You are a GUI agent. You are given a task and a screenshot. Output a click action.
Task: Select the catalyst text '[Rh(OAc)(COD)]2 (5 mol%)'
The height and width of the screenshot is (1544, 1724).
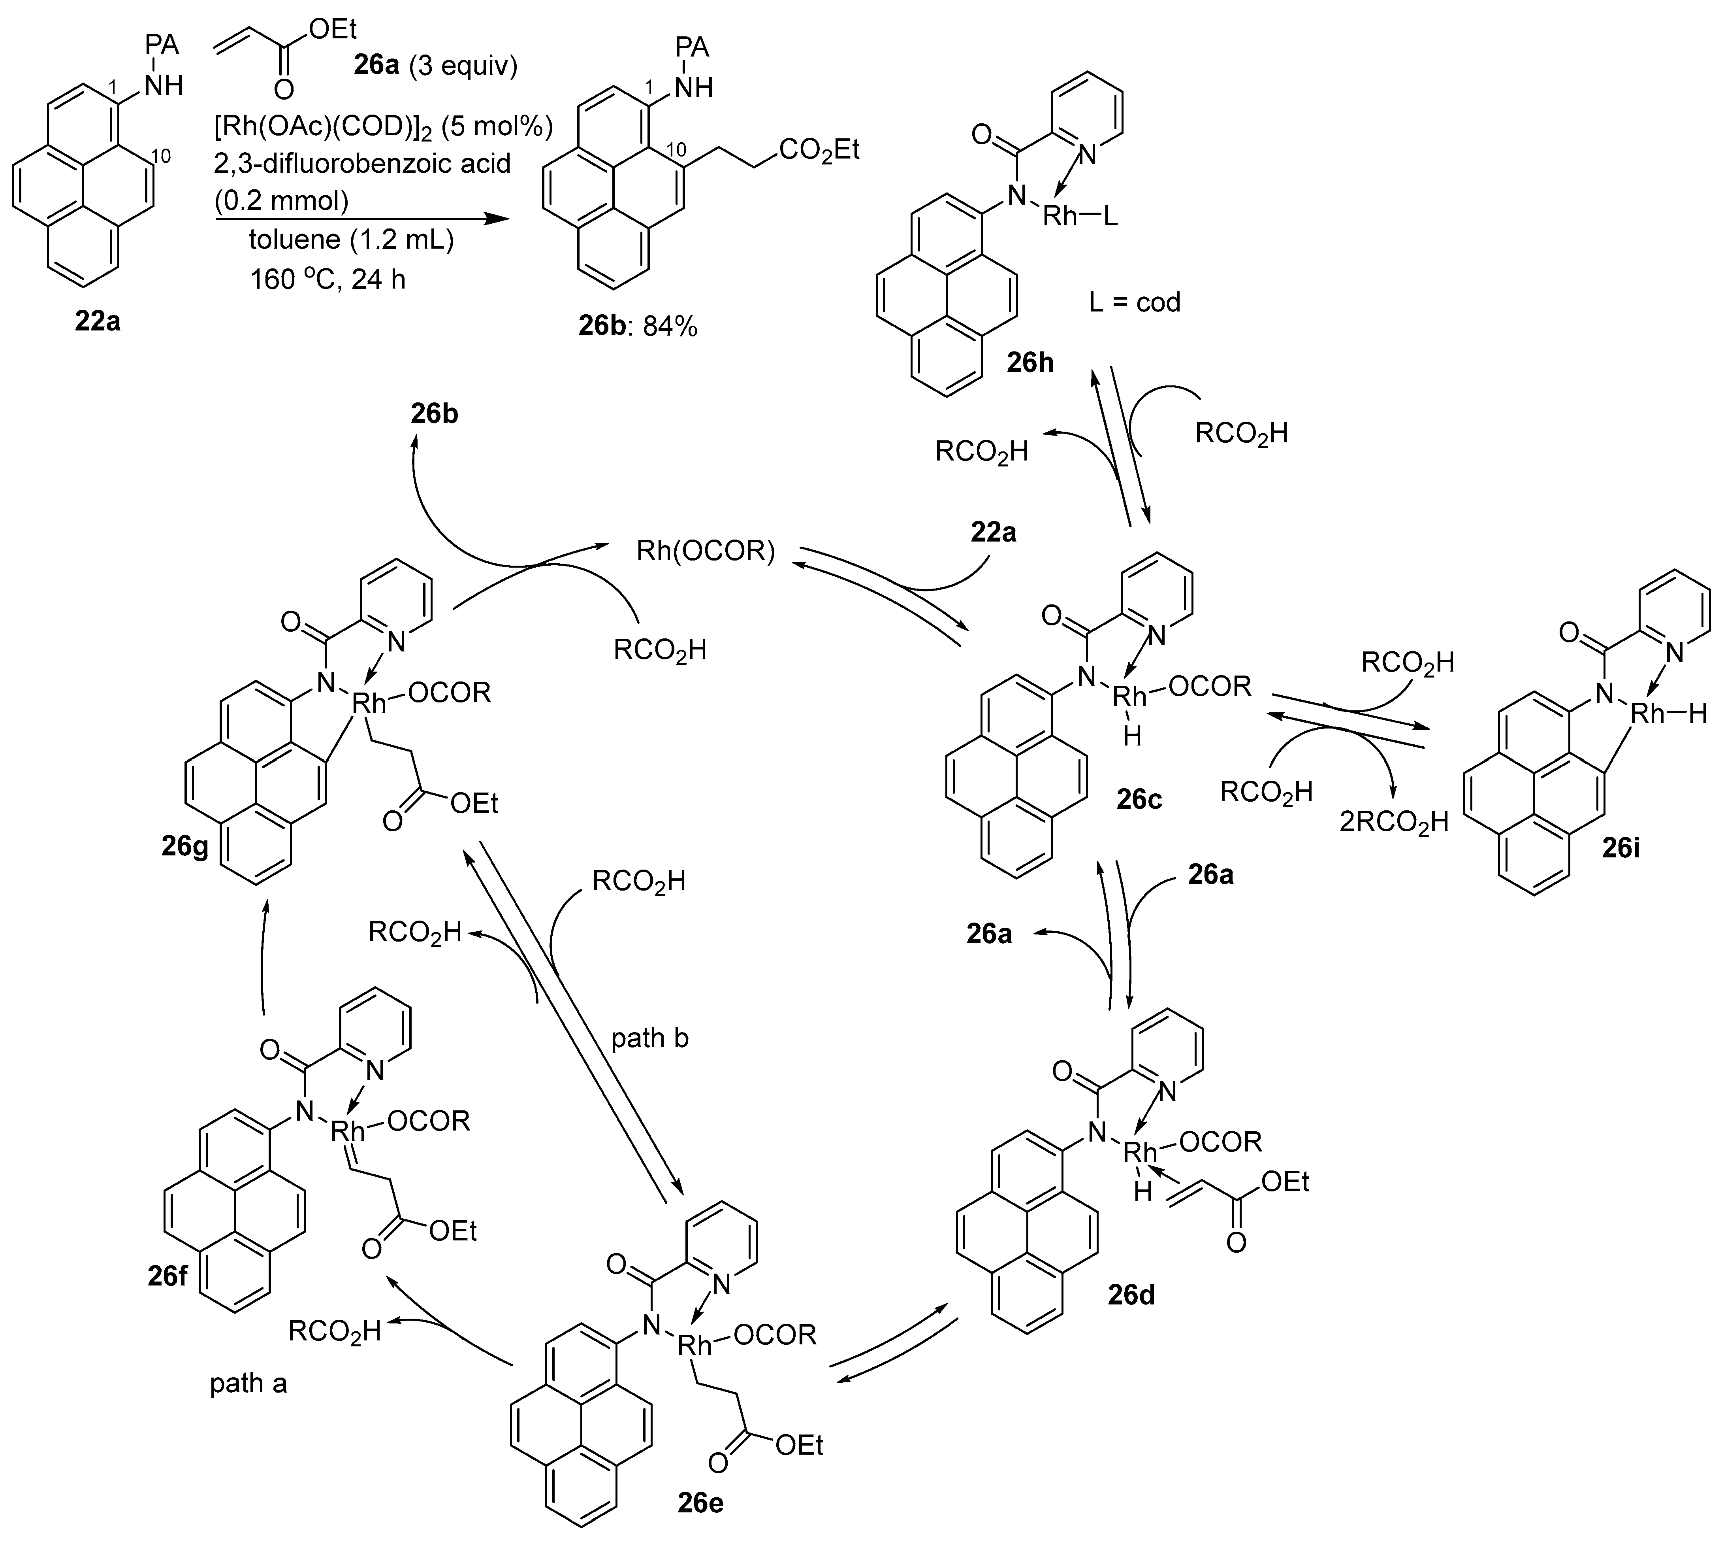pos(383,127)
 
